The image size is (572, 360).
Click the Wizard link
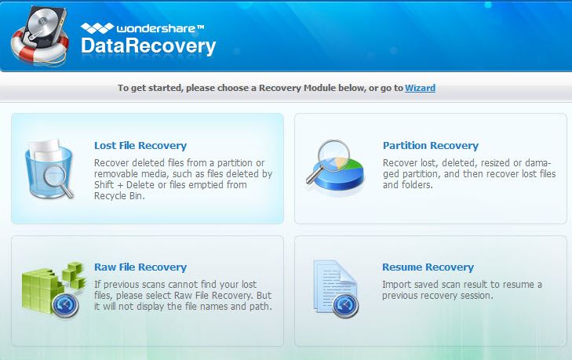(420, 88)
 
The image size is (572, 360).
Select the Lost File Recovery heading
(140, 145)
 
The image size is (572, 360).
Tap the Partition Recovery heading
(430, 145)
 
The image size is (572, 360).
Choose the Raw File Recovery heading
(140, 267)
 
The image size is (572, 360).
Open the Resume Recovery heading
(428, 267)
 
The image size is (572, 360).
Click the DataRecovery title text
(148, 47)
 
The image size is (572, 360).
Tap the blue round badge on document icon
(345, 304)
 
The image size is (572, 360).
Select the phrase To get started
(148, 88)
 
